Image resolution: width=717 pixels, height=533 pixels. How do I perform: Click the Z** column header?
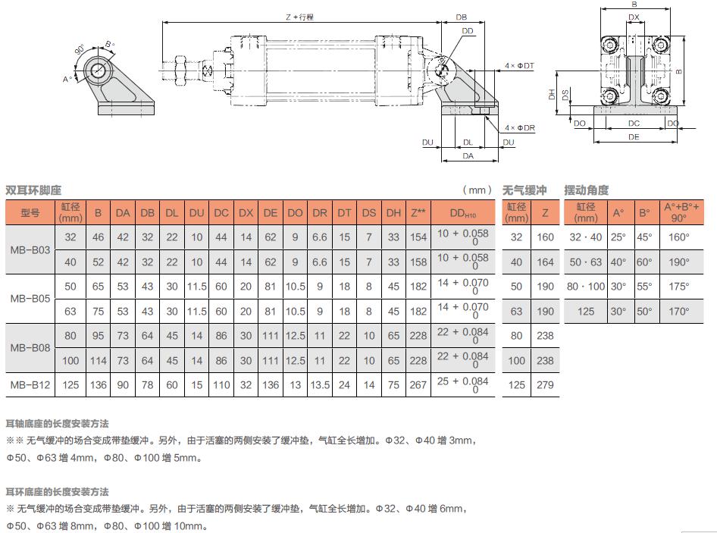point(418,212)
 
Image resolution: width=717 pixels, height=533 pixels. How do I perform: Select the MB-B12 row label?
point(30,385)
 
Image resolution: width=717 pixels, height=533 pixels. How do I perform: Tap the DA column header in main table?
point(123,212)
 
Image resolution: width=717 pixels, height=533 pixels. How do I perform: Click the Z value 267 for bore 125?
point(418,385)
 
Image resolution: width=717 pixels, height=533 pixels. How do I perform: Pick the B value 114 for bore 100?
point(98,361)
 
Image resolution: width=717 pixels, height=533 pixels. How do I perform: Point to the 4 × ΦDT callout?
point(520,67)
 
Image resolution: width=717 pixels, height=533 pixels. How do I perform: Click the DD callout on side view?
point(467,30)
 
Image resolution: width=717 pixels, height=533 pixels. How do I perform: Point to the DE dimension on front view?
point(634,137)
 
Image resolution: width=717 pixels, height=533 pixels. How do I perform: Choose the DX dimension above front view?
point(634,17)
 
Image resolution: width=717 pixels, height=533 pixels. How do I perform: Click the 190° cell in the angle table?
point(679,262)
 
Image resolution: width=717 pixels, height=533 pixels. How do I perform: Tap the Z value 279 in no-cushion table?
point(546,385)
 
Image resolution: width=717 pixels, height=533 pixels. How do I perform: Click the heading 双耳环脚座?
point(33,190)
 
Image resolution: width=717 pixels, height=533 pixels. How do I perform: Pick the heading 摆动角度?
point(586,190)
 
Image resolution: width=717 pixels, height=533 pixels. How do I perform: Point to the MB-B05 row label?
point(30,299)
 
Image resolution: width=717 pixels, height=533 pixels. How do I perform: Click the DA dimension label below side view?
point(468,155)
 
